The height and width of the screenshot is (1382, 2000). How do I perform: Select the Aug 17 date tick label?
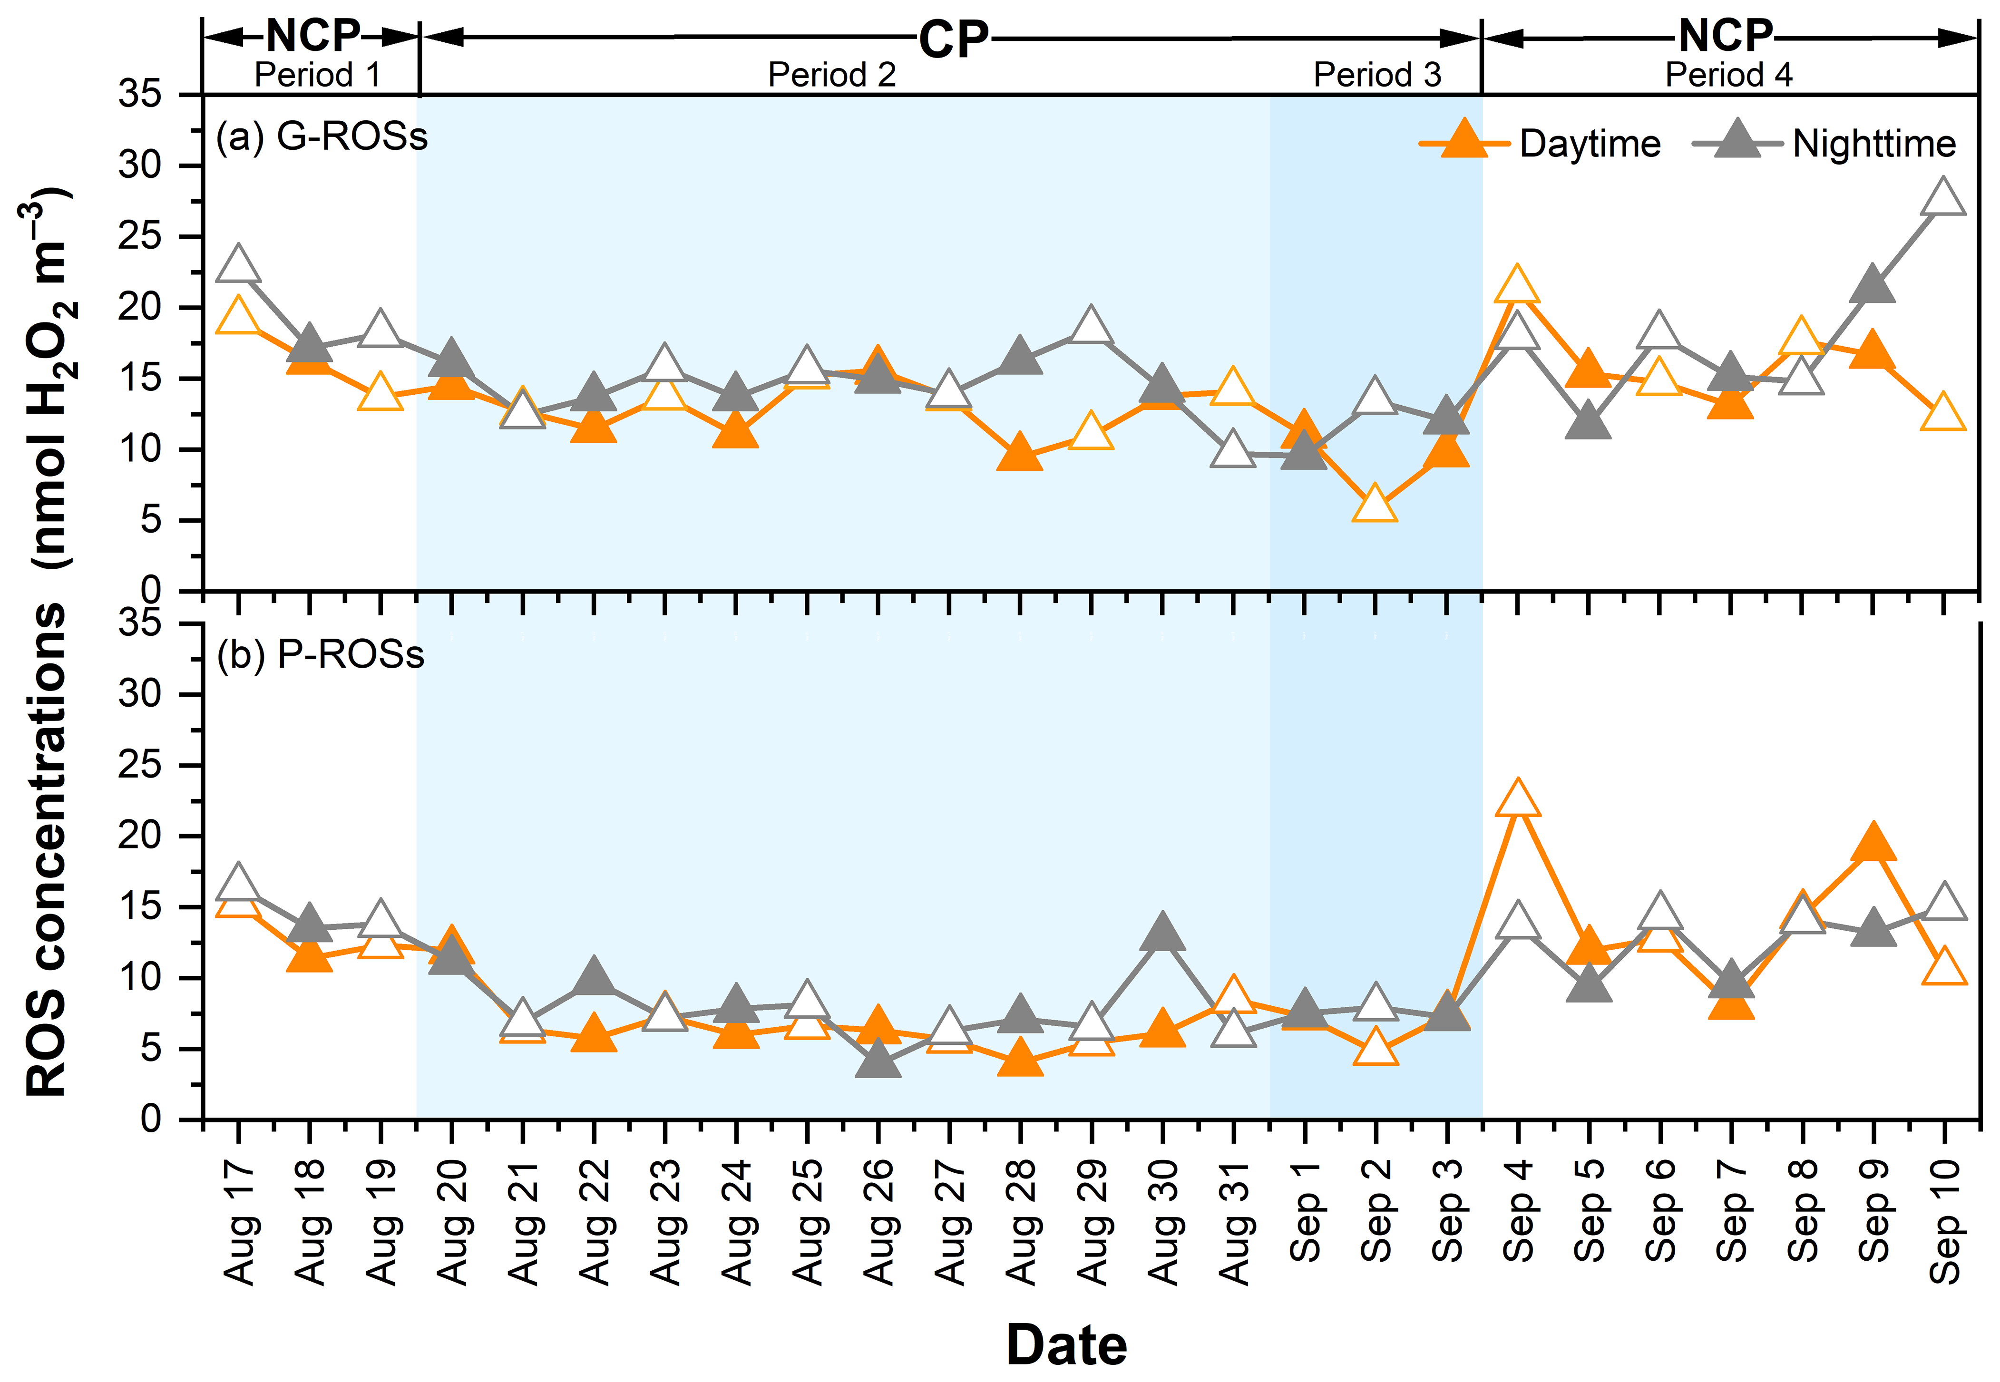click(240, 1223)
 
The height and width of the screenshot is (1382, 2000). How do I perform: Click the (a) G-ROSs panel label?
click(321, 137)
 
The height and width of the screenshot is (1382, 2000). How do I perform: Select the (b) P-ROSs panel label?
click(321, 655)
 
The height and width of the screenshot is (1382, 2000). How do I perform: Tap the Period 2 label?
click(831, 75)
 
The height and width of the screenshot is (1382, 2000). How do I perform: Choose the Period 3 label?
click(1376, 75)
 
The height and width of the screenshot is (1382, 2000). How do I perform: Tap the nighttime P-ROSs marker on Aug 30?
click(1162, 933)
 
